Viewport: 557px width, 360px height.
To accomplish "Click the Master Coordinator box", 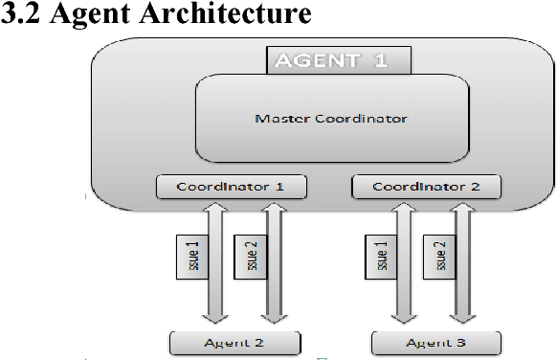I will coord(331,120).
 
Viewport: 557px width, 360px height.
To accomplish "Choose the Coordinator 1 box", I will coord(230,186).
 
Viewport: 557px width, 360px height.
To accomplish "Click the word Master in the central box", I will coord(277,120).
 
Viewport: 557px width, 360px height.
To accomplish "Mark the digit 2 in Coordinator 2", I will coord(472,186).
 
